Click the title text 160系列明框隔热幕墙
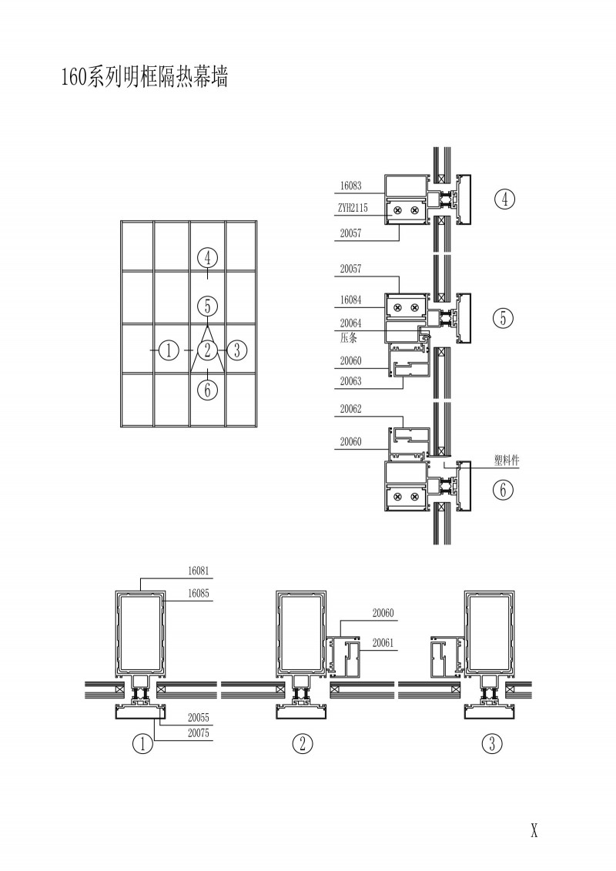tap(145, 77)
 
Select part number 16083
tap(350, 186)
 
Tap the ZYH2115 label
tap(353, 208)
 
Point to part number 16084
tap(350, 300)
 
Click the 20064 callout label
tap(350, 323)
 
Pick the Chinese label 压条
tap(348, 337)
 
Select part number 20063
tap(350, 381)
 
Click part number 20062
tap(350, 409)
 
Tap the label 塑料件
tap(507, 460)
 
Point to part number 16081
tap(199, 571)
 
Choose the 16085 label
tap(199, 593)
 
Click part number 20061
tap(383, 643)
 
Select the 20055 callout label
tap(199, 718)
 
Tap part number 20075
tap(199, 733)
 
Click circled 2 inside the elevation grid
tap(208, 350)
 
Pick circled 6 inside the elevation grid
tap(207, 390)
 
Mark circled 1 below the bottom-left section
tap(142, 743)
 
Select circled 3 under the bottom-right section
tap(492, 743)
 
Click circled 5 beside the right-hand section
tap(504, 318)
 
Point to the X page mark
tap(534, 830)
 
